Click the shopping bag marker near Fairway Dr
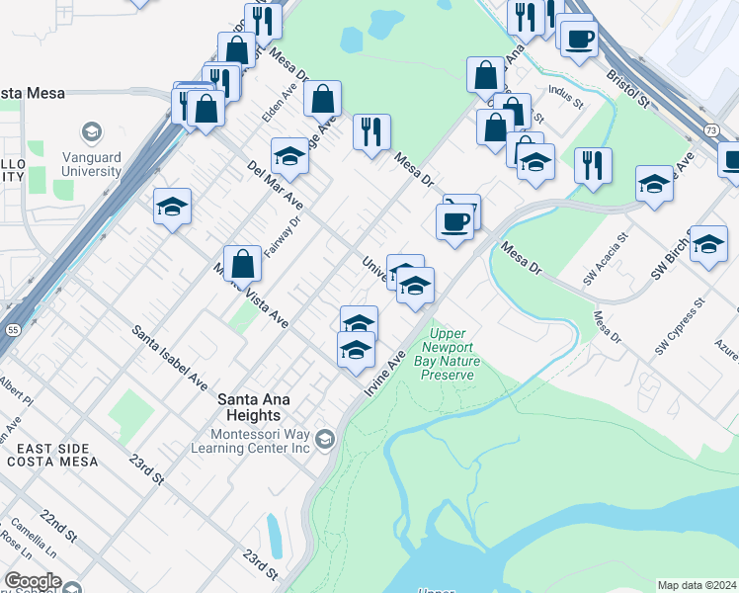[242, 264]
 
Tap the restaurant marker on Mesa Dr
[371, 132]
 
